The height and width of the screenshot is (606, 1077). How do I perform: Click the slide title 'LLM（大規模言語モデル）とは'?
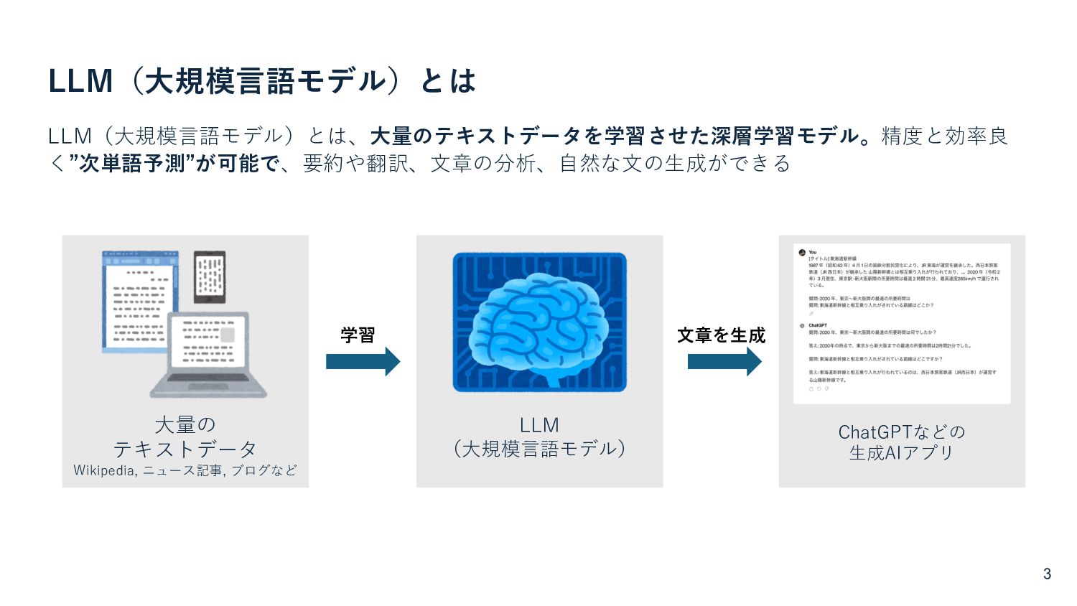click(x=262, y=81)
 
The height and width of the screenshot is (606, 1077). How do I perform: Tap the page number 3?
click(x=1047, y=574)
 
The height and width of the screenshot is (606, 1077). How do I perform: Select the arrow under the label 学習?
click(x=363, y=361)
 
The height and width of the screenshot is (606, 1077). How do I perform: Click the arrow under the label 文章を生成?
click(x=724, y=361)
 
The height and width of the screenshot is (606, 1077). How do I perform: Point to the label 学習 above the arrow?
click(x=358, y=335)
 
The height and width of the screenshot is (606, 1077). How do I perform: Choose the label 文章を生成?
click(x=721, y=335)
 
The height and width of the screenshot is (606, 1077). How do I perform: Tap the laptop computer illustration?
click(x=208, y=355)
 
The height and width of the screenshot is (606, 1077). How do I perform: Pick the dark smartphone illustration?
click(x=210, y=276)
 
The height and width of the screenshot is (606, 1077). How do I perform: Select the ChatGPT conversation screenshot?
click(x=901, y=323)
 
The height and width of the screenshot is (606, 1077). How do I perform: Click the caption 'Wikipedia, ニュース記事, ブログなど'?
click(x=185, y=470)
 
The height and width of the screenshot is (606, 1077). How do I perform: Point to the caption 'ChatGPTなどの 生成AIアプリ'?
click(x=901, y=442)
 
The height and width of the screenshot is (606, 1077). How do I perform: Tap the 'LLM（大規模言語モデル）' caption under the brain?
click(x=539, y=437)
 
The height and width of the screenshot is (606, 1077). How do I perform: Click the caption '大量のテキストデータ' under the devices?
click(x=185, y=437)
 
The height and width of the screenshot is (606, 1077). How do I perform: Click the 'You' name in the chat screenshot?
click(x=813, y=252)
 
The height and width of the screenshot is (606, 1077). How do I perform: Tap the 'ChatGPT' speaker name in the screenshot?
click(x=818, y=325)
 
